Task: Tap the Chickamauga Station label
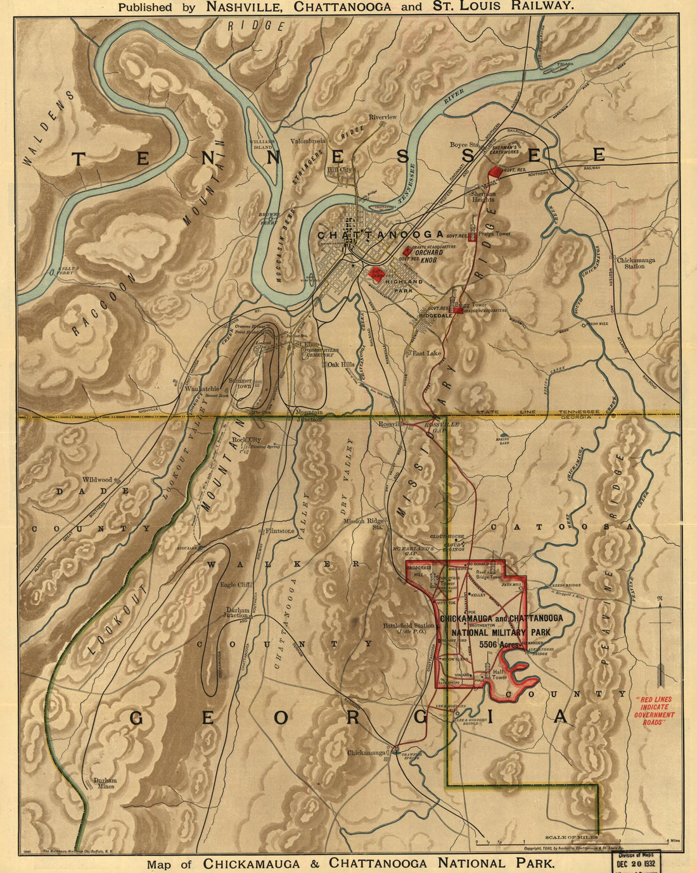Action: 636,263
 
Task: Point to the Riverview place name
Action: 383,117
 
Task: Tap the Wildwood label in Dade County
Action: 96,480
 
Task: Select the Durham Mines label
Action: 105,783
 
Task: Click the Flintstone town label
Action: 280,531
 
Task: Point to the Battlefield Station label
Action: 409,625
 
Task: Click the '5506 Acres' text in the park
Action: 500,644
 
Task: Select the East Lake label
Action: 426,353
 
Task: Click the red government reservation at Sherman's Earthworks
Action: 495,171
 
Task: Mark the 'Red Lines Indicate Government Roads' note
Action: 654,710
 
